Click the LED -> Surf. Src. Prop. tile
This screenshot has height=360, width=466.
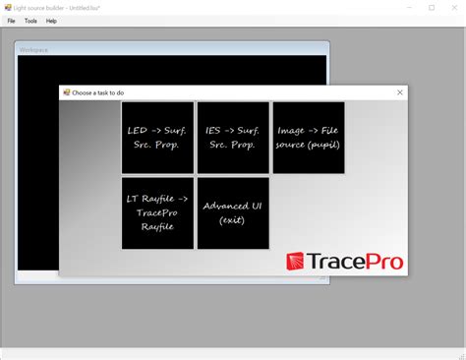pyautogui.click(x=157, y=137)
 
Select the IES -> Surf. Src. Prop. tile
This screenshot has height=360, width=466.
pyautogui.click(x=233, y=137)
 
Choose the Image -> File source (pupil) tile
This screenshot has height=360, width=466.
pyautogui.click(x=309, y=137)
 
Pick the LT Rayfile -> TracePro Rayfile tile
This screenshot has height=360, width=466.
pyautogui.click(x=157, y=212)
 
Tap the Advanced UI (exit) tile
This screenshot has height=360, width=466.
pyautogui.click(x=233, y=212)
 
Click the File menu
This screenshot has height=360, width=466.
pyautogui.click(x=12, y=21)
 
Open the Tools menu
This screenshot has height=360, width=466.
pyautogui.click(x=30, y=21)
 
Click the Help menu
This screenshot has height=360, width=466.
pyautogui.click(x=51, y=21)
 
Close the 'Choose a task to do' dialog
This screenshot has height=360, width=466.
pyautogui.click(x=399, y=92)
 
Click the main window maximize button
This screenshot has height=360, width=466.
pyautogui.click(x=431, y=7)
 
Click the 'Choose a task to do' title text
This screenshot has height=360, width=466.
pyautogui.click(x=98, y=92)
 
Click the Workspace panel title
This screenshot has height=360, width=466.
pyautogui.click(x=34, y=49)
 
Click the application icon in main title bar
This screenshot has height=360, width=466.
pyautogui.click(x=7, y=7)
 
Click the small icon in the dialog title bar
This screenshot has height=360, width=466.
pyautogui.click(x=67, y=92)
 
